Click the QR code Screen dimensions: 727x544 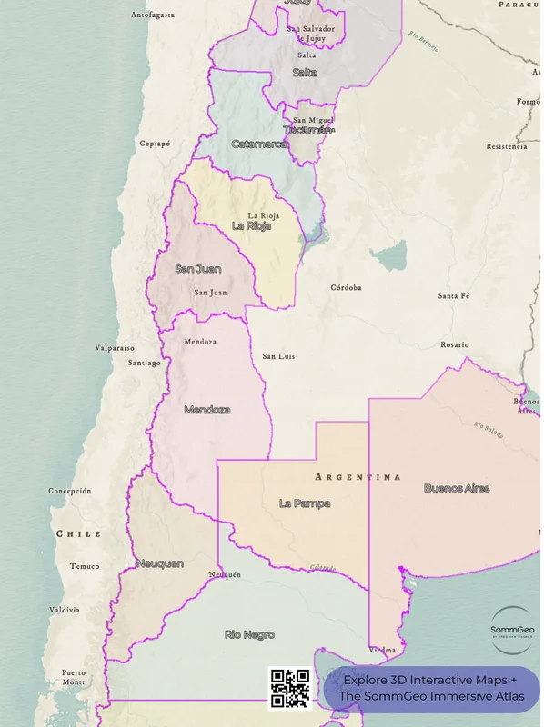pos(291,689)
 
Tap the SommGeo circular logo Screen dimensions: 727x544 pos(512,630)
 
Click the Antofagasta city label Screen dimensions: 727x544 pos(152,15)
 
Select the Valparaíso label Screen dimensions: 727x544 pos(115,348)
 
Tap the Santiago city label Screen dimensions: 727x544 pos(144,363)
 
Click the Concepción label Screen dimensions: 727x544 pos(70,491)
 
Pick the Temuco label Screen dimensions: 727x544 pos(85,566)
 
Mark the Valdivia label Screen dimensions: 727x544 pos(65,610)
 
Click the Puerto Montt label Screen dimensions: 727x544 pos(74,677)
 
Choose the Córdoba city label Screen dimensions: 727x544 pos(346,287)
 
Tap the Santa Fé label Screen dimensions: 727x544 pos(453,296)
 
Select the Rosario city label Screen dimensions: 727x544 pos(455,345)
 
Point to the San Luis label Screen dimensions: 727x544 pos(278,356)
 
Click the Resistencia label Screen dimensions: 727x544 pos(507,146)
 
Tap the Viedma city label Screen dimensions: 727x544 pos(383,651)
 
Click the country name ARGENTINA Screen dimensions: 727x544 pos(358,477)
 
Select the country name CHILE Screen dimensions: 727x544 pos(78,533)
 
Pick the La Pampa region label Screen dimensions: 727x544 pos(305,503)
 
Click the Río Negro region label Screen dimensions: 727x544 pos(249,634)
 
